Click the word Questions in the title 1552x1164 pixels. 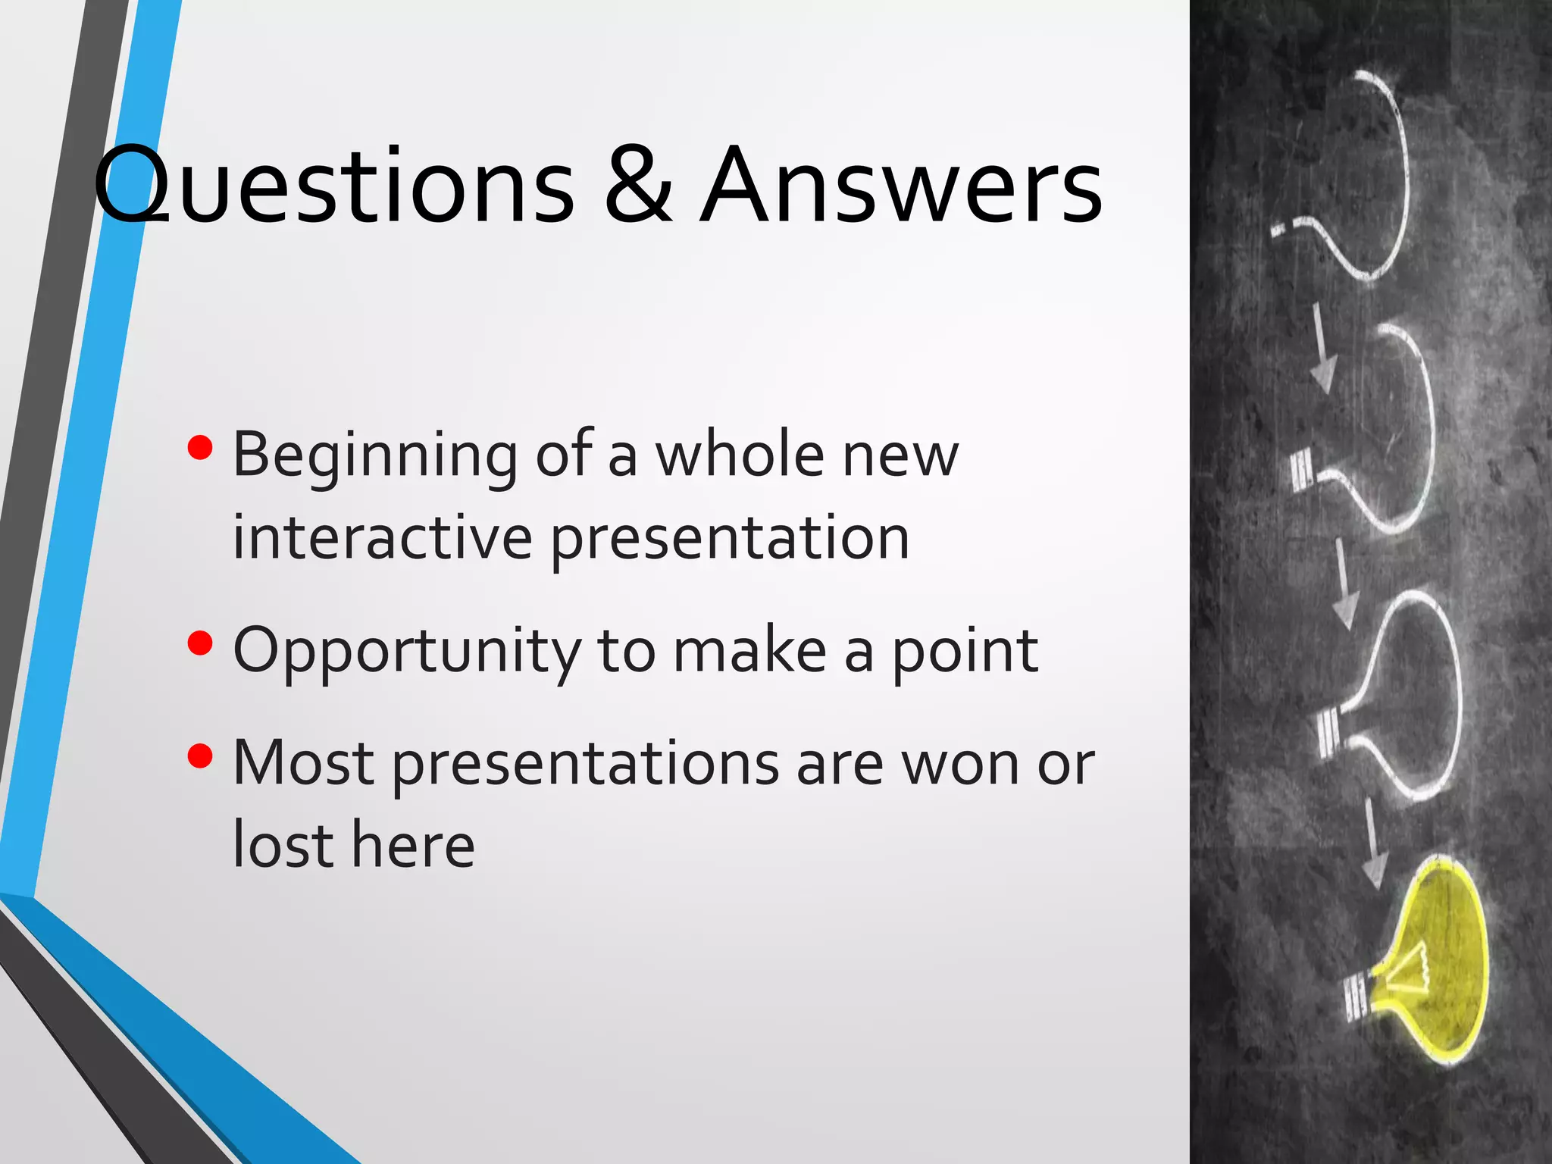click(x=333, y=186)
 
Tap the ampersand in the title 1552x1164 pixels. click(x=639, y=186)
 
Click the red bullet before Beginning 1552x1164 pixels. click(x=200, y=448)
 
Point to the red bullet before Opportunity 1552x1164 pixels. click(x=200, y=643)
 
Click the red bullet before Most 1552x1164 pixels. click(x=200, y=756)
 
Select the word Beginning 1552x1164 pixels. click(x=375, y=456)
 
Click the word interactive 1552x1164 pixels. click(x=383, y=537)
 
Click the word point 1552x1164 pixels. click(x=964, y=652)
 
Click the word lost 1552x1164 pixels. click(x=283, y=844)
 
